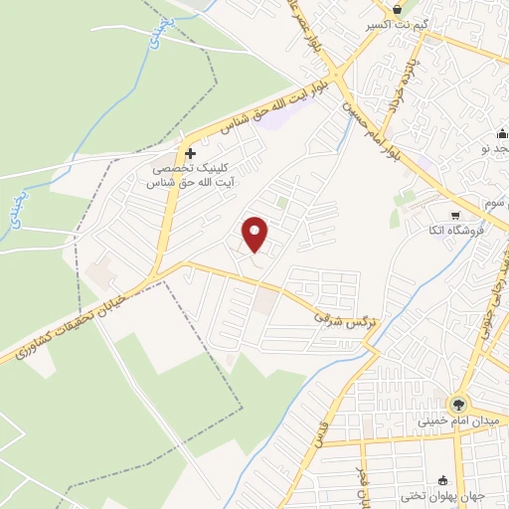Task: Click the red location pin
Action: click(256, 234)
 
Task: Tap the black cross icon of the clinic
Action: click(190, 154)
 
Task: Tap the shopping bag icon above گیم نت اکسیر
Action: click(398, 7)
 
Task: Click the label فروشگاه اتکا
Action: click(472, 231)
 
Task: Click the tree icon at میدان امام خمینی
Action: click(457, 405)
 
